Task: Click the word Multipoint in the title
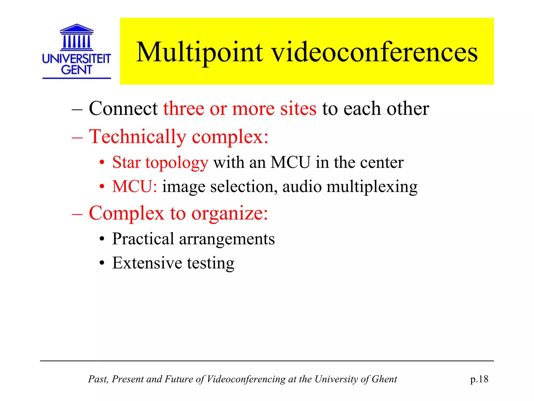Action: coord(199,53)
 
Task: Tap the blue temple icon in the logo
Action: coord(77,37)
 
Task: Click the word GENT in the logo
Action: coord(77,70)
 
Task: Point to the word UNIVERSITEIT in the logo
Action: coord(77,59)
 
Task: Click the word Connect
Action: coord(123,109)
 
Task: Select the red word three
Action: coord(184,109)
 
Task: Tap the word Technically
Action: coord(137,137)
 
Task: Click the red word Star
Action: coord(126,162)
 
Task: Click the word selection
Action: coord(244,187)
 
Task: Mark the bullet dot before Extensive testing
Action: coord(102,263)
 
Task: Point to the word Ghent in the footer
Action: coord(384,379)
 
